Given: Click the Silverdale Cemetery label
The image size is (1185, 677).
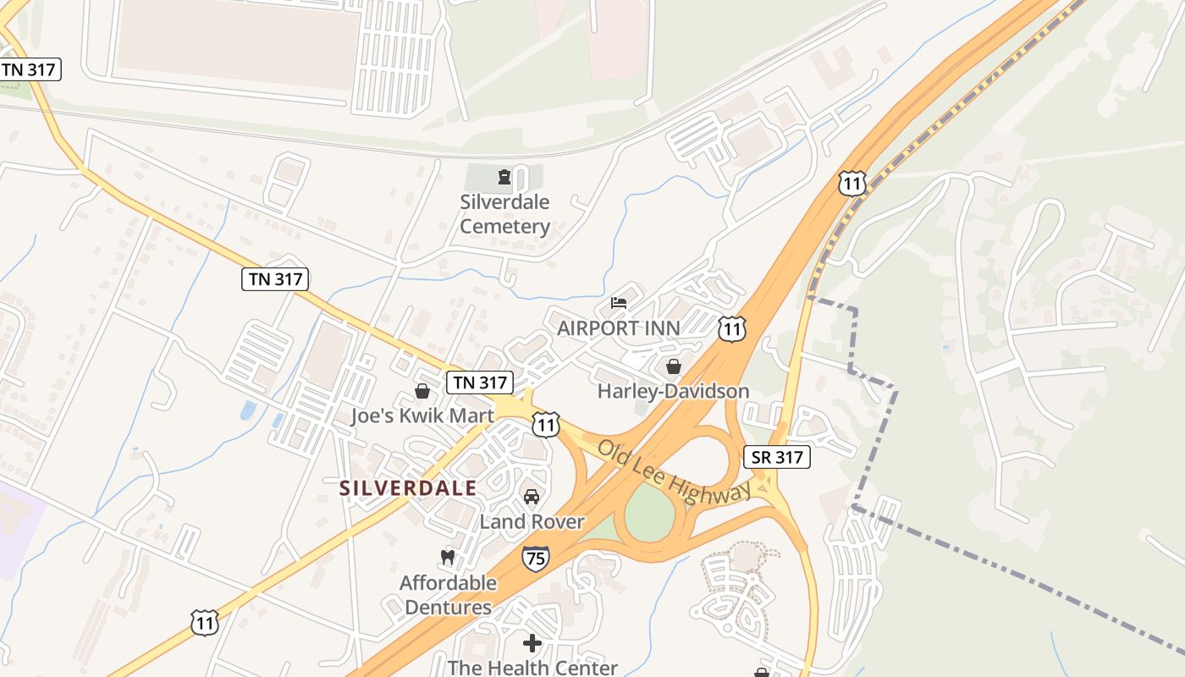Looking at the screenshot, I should (505, 214).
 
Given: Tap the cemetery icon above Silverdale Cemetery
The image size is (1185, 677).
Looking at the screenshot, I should (505, 177).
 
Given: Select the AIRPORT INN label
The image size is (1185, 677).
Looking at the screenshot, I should (619, 328).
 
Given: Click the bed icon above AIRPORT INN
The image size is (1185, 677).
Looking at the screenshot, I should (619, 303).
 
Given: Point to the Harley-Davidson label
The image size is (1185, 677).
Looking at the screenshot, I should (674, 391).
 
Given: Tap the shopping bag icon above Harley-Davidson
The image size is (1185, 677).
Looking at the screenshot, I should (674, 366).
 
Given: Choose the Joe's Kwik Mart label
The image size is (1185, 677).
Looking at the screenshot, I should (422, 416).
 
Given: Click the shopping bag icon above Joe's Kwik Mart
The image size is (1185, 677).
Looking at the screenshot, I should (422, 391).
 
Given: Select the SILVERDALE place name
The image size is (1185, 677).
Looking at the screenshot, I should (408, 488).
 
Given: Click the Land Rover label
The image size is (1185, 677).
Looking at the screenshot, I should (532, 521).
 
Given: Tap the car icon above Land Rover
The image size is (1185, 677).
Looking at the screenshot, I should (532, 497).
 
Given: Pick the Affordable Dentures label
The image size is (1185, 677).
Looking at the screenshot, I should (448, 595).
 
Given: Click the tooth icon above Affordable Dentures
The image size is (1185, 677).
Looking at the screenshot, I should (448, 557).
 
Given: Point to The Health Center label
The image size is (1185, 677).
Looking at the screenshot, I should (532, 668).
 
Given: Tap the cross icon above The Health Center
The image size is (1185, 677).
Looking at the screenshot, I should (532, 643).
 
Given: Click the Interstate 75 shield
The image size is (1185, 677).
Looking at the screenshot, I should (535, 557).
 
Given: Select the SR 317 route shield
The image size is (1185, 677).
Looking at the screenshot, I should (776, 457).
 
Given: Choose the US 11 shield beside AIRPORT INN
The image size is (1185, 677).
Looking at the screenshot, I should (732, 329).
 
